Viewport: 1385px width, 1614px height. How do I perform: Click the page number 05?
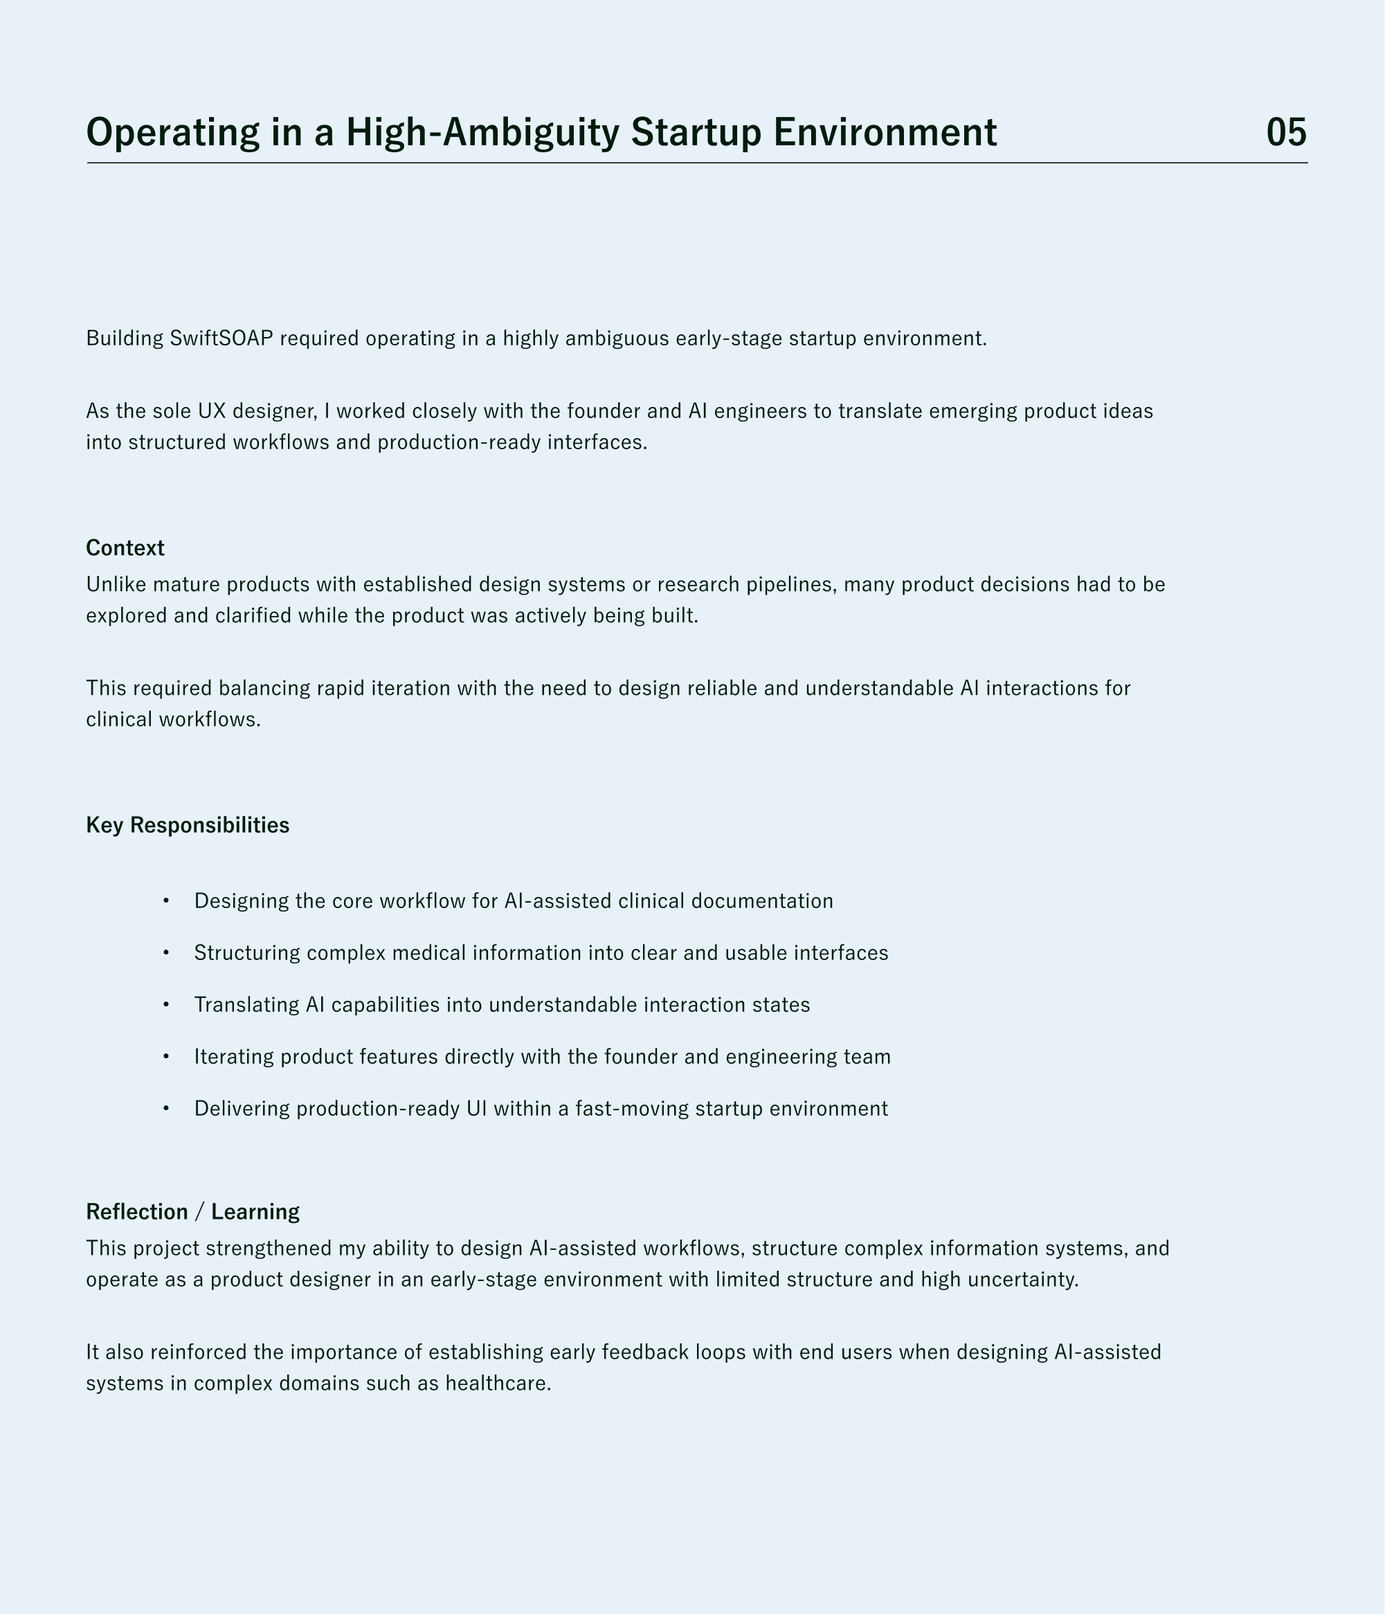pyautogui.click(x=1286, y=132)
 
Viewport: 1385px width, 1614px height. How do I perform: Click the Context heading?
pyautogui.click(x=125, y=547)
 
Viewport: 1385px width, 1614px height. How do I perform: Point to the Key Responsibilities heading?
pyautogui.click(x=188, y=825)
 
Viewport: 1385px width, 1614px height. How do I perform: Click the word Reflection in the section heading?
pyautogui.click(x=137, y=1211)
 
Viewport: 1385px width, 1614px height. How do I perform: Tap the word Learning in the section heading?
pyautogui.click(x=255, y=1211)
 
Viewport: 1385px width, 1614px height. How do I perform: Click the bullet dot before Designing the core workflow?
pyautogui.click(x=166, y=901)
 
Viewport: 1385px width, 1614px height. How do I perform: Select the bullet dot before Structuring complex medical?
pyautogui.click(x=166, y=954)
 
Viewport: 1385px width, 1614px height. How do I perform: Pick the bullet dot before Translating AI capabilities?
pyautogui.click(x=166, y=1005)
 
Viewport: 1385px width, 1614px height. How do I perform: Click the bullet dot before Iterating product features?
pyautogui.click(x=166, y=1057)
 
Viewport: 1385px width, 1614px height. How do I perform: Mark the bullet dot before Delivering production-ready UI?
pyautogui.click(x=166, y=1109)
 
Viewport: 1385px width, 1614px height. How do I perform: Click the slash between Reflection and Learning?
pyautogui.click(x=200, y=1212)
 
